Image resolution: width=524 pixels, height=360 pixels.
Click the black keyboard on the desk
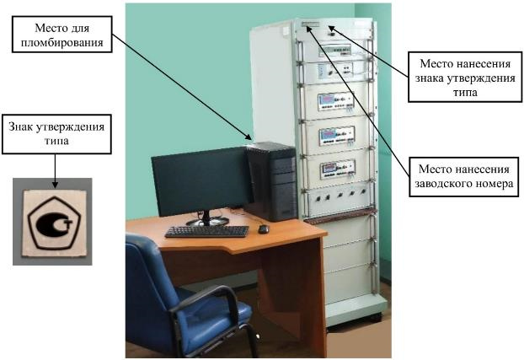[x=206, y=231]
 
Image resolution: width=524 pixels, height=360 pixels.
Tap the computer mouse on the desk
[x=263, y=228]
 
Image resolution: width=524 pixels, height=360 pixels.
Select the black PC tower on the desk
[x=271, y=181]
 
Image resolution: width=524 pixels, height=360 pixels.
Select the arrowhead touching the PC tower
[x=249, y=138]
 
